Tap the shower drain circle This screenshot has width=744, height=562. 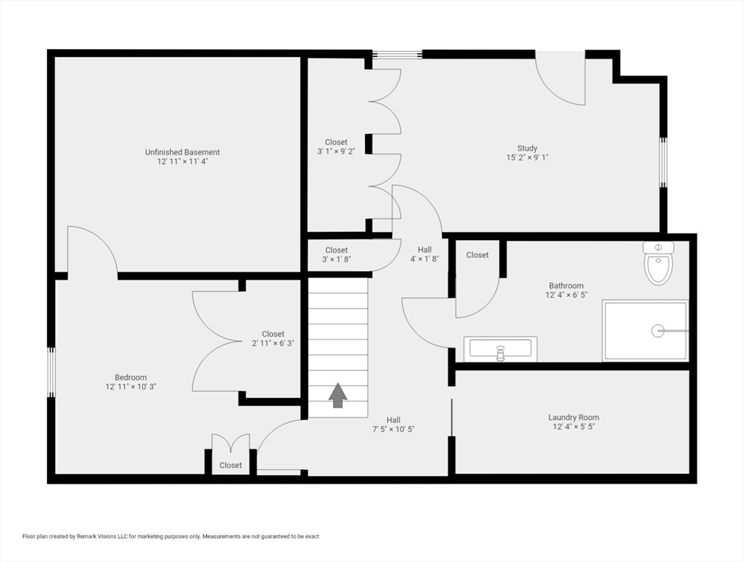coord(657,331)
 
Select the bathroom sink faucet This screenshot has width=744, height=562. coord(500,353)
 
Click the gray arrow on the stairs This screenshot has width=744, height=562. coord(338,395)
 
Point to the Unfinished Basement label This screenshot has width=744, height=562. coord(182,152)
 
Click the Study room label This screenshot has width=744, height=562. coord(527,148)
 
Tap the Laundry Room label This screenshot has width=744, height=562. coord(574,417)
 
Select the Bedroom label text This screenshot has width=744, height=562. coord(130,378)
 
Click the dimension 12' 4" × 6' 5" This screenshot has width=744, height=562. coord(566,295)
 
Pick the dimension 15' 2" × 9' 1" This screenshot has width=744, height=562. coord(527,157)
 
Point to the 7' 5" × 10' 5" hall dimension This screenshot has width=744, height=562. coord(394,429)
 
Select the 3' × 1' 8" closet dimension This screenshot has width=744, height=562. coord(337,259)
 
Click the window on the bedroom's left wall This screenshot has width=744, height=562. coord(50,372)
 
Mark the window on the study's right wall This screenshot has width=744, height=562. coord(664,162)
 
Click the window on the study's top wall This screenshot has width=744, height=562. coord(397,54)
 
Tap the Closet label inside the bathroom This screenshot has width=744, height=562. coord(477,255)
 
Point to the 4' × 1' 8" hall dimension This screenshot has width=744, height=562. coord(424,259)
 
